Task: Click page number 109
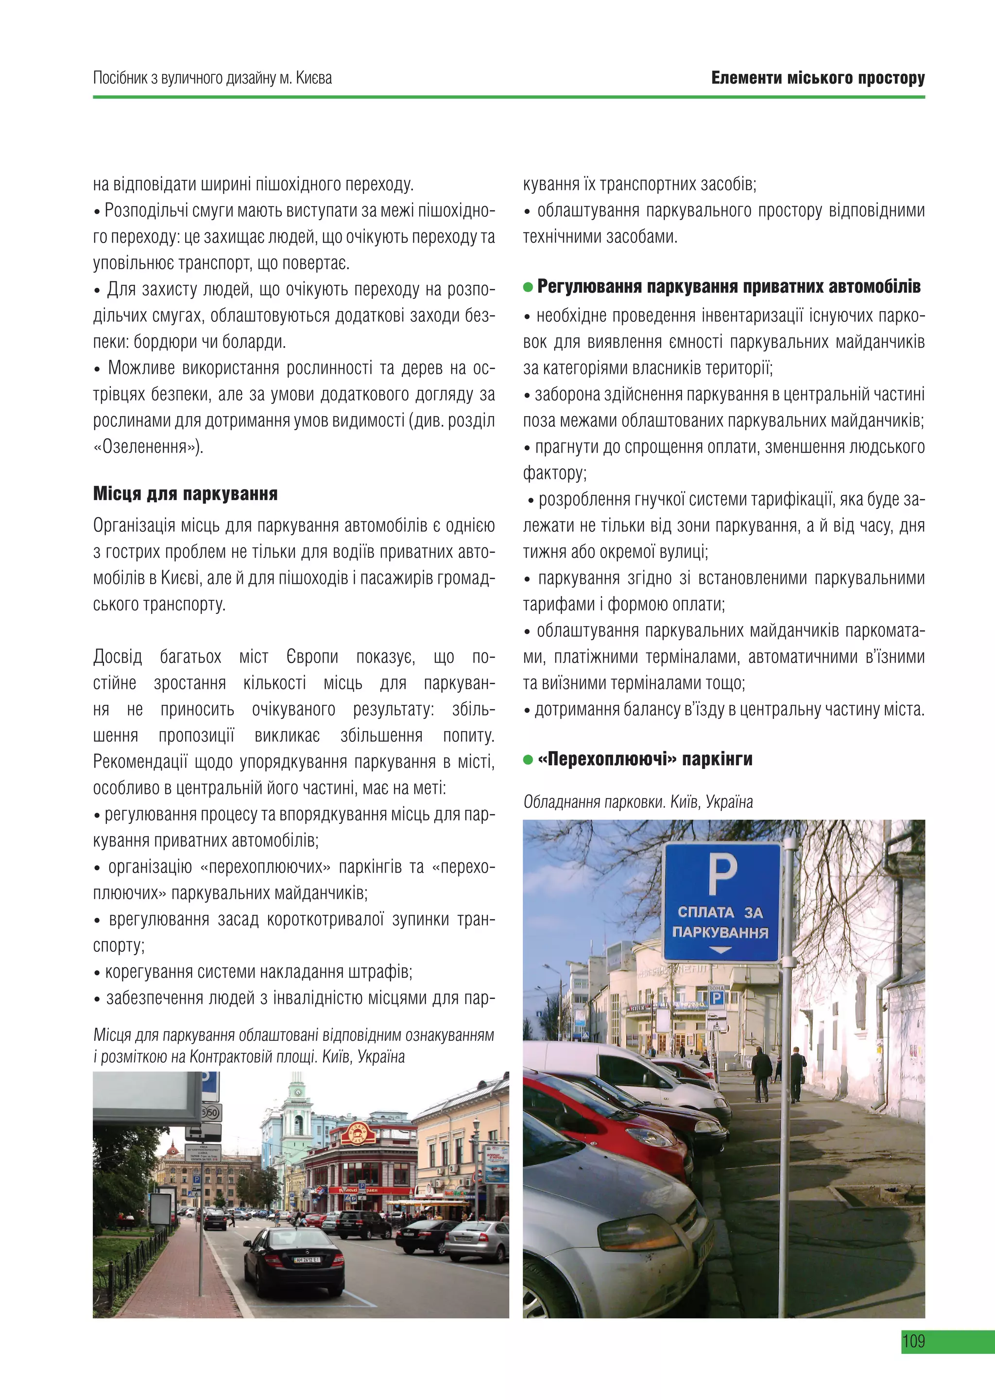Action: click(913, 1341)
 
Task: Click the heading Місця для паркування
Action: click(185, 494)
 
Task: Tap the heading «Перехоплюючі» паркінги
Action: click(645, 759)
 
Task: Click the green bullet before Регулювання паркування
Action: click(528, 287)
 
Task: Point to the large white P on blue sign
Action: click(722, 875)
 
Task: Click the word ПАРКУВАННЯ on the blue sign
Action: click(720, 933)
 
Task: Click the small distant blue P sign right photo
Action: click(716, 998)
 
